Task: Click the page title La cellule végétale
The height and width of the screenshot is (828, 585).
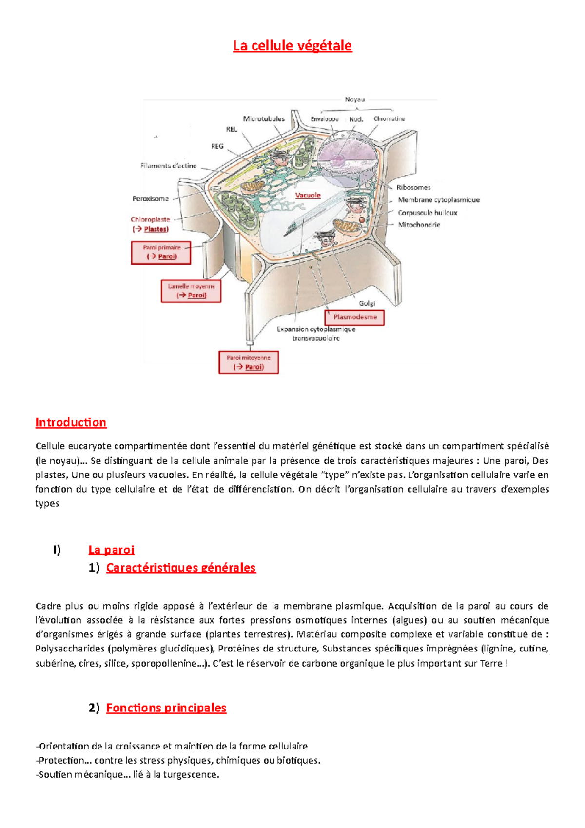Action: (x=292, y=46)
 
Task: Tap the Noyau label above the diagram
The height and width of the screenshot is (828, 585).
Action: (x=354, y=99)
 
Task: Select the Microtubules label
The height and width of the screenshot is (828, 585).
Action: (x=264, y=119)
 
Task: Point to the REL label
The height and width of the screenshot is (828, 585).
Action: (x=232, y=129)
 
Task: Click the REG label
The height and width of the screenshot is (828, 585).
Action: (x=217, y=146)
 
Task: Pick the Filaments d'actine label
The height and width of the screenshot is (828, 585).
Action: (x=168, y=166)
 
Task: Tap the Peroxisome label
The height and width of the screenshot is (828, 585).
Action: (x=151, y=199)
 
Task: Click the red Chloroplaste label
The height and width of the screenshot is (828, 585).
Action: (x=150, y=219)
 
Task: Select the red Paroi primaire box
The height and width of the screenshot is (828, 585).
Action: (x=161, y=253)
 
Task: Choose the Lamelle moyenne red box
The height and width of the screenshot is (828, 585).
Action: (x=191, y=291)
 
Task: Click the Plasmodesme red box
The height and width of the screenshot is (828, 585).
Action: (x=355, y=317)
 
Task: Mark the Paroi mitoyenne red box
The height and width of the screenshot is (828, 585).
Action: (x=249, y=362)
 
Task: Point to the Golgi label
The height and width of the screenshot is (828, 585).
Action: (x=367, y=303)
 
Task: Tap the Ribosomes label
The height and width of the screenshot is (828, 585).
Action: (x=413, y=187)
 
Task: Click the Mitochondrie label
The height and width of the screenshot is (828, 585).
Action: (x=419, y=225)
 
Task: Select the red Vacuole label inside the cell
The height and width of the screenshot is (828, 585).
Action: (x=308, y=195)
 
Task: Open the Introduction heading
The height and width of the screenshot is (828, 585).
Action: (x=71, y=422)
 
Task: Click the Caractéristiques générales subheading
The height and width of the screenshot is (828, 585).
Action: (x=181, y=568)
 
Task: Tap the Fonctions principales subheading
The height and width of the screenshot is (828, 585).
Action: (x=166, y=708)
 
